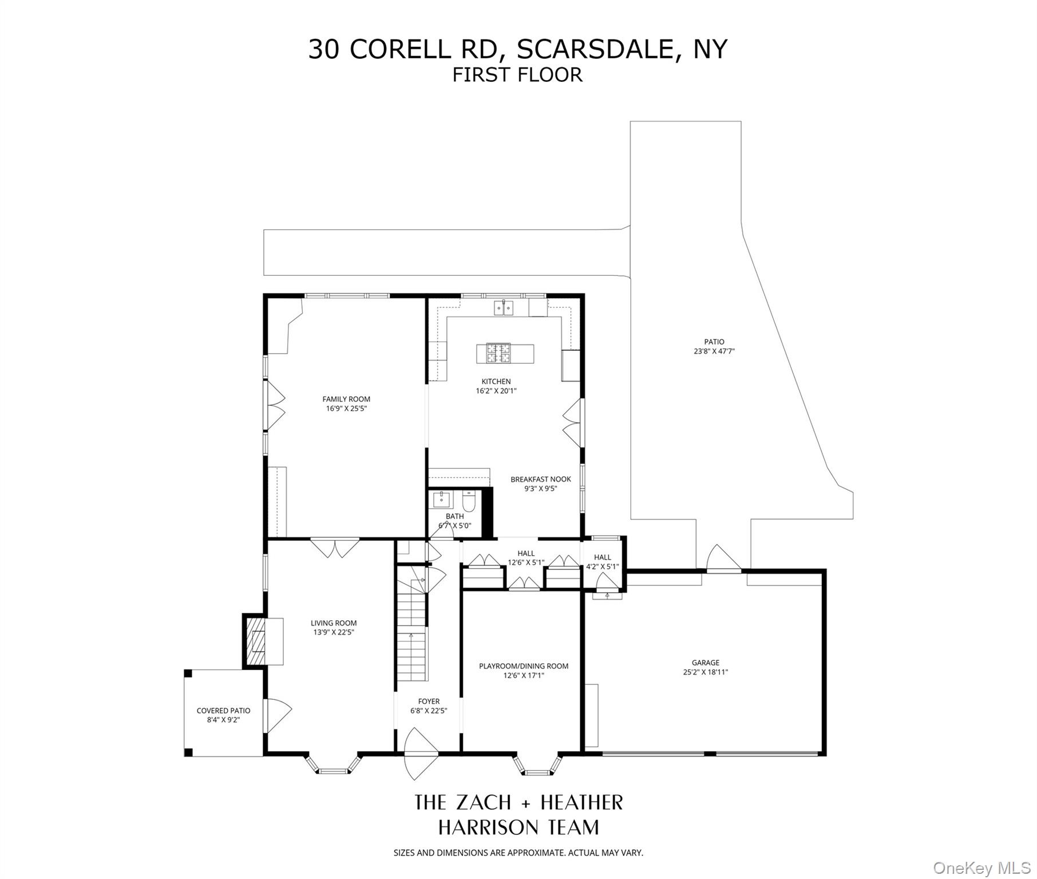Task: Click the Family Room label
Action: (x=346, y=399)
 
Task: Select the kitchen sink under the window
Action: (x=504, y=308)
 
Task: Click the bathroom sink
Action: (x=442, y=500)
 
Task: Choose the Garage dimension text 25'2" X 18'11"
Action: (x=705, y=672)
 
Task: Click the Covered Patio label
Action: (x=223, y=711)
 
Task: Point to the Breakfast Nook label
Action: (x=541, y=480)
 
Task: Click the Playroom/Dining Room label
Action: (x=524, y=666)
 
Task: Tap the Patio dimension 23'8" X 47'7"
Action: (x=714, y=351)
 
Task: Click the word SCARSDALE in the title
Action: (x=595, y=49)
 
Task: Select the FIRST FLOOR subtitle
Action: (x=517, y=75)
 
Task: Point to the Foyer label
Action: (x=429, y=702)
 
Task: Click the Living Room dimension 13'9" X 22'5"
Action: (x=334, y=632)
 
